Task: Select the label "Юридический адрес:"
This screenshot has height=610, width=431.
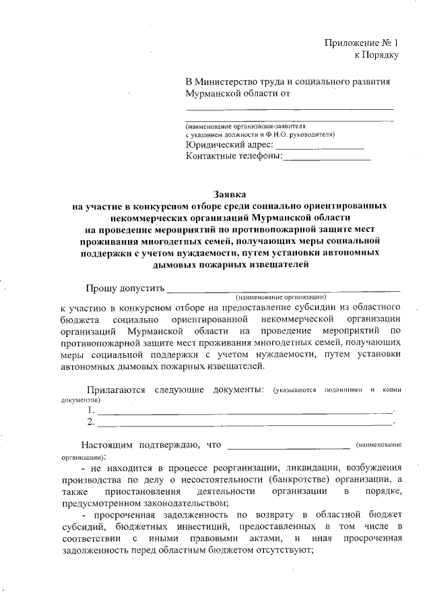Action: [x=229, y=144]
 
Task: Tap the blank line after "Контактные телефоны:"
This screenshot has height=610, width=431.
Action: [x=327, y=158]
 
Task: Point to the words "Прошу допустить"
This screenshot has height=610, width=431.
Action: [x=125, y=288]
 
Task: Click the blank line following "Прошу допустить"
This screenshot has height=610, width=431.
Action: [x=283, y=291]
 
